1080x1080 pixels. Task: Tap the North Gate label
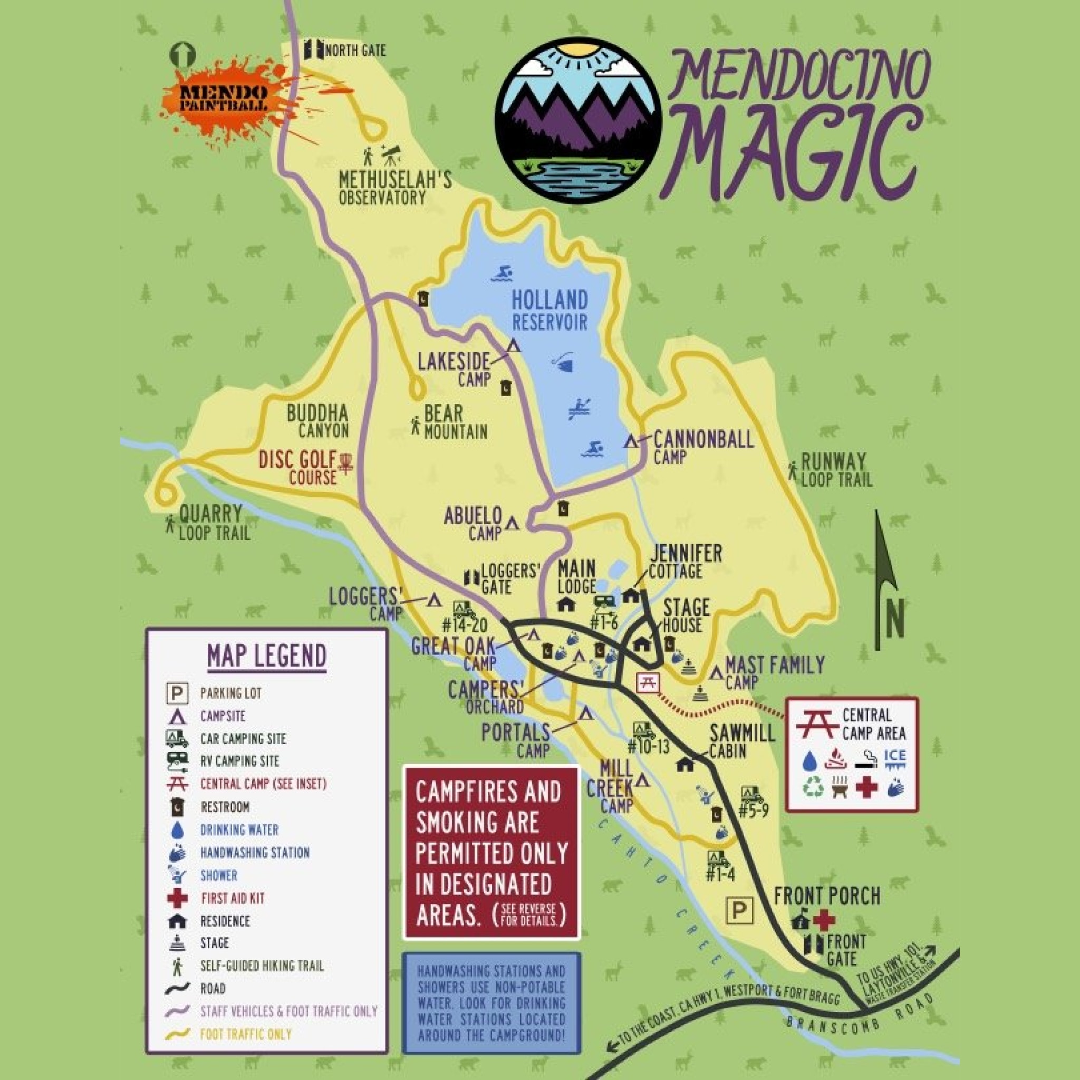click(354, 51)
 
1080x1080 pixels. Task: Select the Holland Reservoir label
click(550, 311)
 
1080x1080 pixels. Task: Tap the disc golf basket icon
click(346, 464)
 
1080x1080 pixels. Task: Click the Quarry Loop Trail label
click(211, 523)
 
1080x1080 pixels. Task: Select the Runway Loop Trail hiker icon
click(792, 470)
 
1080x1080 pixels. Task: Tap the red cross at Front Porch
click(823, 920)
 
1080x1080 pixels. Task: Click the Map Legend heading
click(267, 656)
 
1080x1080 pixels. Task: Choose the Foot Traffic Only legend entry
click(246, 1034)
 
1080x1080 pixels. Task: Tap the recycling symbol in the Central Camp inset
click(813, 788)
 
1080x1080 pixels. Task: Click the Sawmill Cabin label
click(741, 741)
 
